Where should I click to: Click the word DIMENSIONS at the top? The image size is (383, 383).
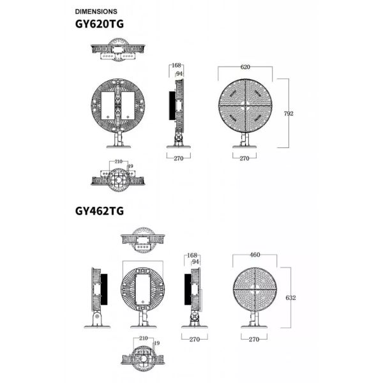[96, 11]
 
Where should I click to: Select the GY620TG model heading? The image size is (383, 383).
[100, 24]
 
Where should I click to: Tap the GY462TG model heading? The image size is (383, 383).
[100, 211]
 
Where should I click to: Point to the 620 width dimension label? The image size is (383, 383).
[245, 67]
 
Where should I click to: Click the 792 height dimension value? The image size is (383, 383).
[289, 114]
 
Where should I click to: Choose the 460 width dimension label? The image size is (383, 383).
[255, 255]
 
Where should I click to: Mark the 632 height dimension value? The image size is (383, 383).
[290, 297]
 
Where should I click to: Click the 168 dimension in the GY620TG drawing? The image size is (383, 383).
[176, 65]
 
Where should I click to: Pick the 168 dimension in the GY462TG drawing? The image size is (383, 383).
[192, 255]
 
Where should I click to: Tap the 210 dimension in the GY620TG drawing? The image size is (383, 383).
[119, 161]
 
